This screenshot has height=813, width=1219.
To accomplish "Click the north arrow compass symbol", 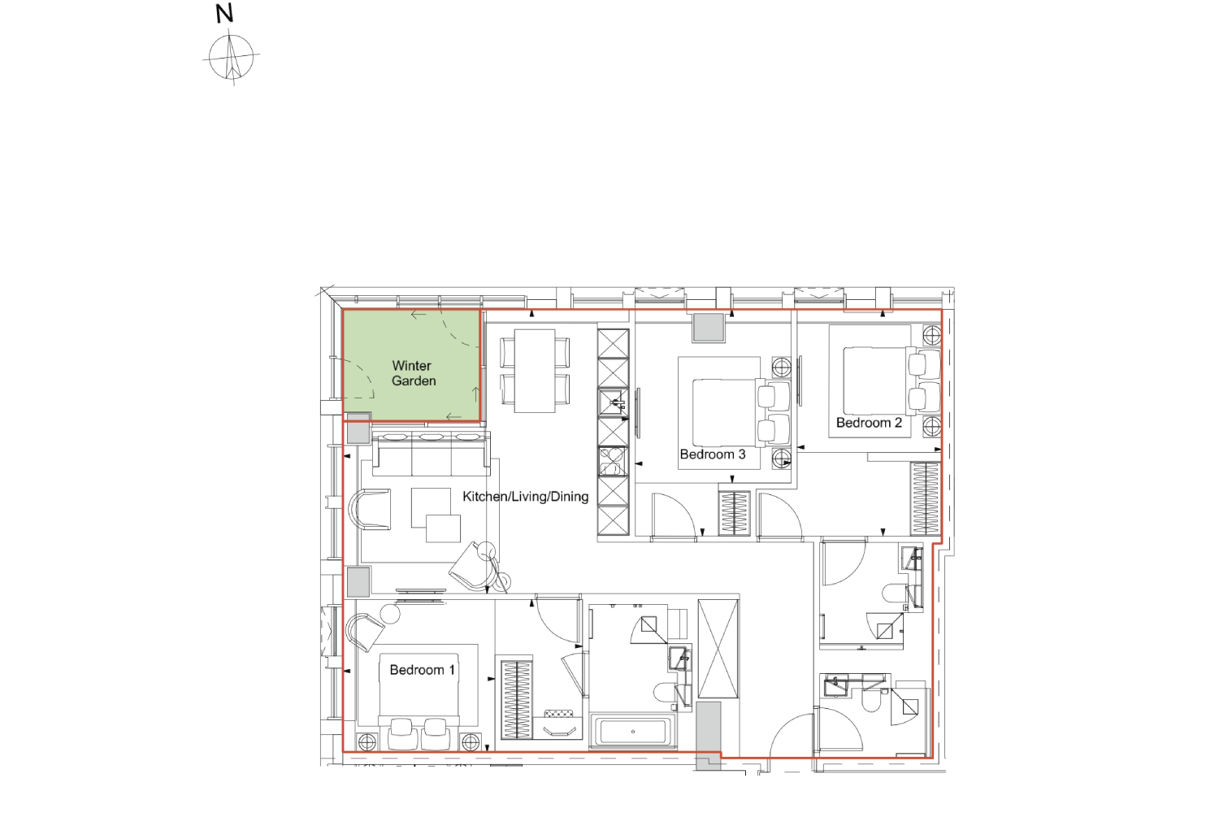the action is pyautogui.click(x=232, y=57).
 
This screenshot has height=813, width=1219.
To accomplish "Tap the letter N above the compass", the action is pyautogui.click(x=224, y=14).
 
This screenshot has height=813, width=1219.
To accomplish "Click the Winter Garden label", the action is pyautogui.click(x=413, y=373).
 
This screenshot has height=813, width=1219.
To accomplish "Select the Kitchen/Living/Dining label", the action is pyautogui.click(x=526, y=496).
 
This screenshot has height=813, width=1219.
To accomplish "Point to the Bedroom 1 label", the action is pyautogui.click(x=423, y=670).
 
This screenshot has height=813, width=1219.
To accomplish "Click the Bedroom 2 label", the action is pyautogui.click(x=869, y=423).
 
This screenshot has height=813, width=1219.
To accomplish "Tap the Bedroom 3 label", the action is pyautogui.click(x=713, y=454).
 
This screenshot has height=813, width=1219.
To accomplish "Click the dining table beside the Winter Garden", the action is pyautogui.click(x=535, y=370).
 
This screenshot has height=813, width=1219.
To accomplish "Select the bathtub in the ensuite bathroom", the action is pyautogui.click(x=633, y=732).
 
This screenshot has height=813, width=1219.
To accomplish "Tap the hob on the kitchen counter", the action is pyautogui.click(x=614, y=461).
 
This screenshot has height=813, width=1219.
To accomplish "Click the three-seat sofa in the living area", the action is pyautogui.click(x=431, y=454).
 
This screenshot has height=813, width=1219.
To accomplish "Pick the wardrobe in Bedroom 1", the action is pyautogui.click(x=516, y=699).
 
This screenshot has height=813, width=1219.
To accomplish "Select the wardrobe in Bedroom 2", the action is pyautogui.click(x=926, y=498).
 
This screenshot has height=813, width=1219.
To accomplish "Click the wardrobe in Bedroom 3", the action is pyautogui.click(x=734, y=513).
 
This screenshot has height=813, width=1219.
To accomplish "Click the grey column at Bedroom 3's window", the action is pyautogui.click(x=708, y=328).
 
